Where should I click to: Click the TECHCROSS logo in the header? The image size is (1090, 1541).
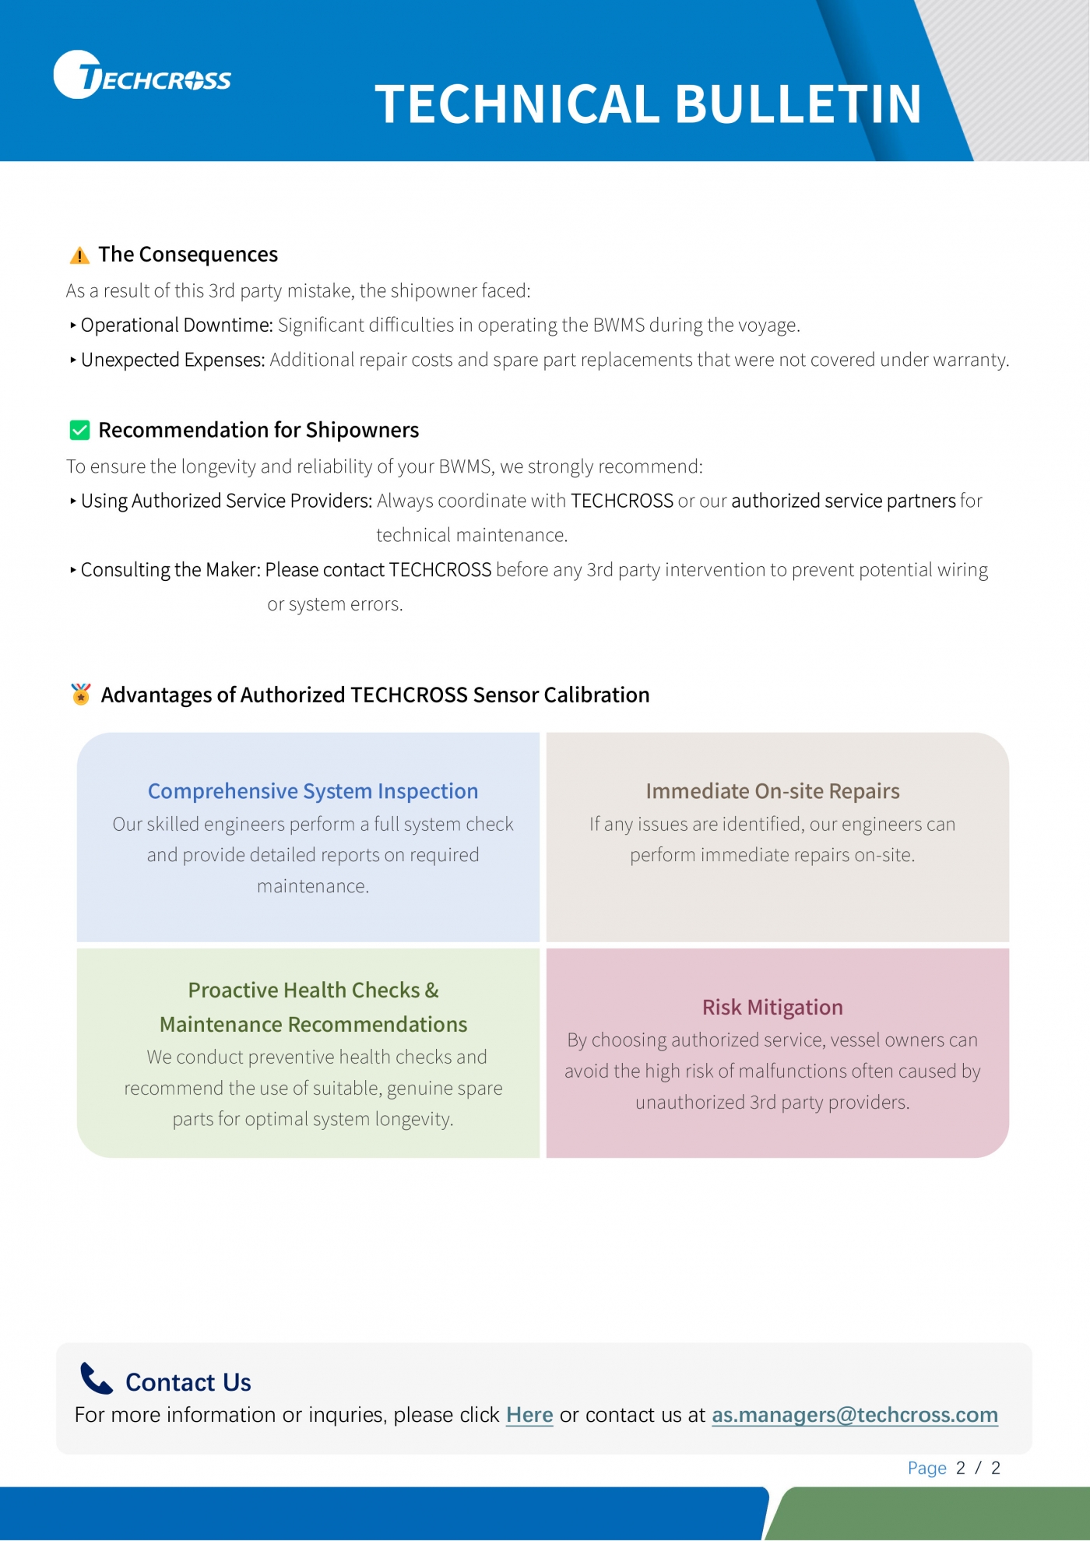tap(142, 76)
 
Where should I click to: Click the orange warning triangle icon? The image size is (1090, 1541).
tap(79, 255)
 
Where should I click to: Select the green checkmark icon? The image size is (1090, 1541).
tap(79, 430)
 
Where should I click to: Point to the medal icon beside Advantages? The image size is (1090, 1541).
tap(81, 694)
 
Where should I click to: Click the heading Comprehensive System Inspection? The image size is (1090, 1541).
tap(313, 791)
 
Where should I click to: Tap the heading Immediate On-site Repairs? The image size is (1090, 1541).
tap(772, 791)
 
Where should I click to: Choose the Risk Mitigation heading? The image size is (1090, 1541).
tap(772, 1007)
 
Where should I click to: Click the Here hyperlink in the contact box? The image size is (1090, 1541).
tap(529, 1415)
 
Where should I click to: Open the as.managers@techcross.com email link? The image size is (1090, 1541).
tap(854, 1415)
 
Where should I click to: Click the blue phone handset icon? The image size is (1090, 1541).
tap(97, 1378)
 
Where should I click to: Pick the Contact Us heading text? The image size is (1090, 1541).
tap(188, 1382)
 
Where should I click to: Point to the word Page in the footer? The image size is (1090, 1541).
tap(926, 1469)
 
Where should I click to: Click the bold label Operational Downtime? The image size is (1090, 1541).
tap(177, 325)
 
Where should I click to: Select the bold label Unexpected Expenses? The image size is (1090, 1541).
tap(173, 360)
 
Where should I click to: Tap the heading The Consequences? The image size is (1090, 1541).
tap(188, 255)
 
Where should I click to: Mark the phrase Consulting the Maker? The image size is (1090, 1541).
tap(171, 570)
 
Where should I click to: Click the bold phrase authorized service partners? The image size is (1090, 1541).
tap(843, 501)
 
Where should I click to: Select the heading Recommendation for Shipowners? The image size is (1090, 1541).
tap(258, 430)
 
